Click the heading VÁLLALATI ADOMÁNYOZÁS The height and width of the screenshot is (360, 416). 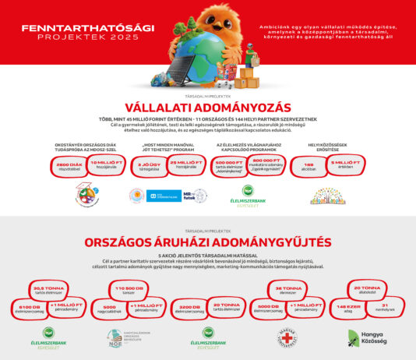pos(207,107)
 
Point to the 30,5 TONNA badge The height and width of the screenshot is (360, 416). pos(48,289)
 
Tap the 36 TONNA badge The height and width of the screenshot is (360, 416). pos(290,289)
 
